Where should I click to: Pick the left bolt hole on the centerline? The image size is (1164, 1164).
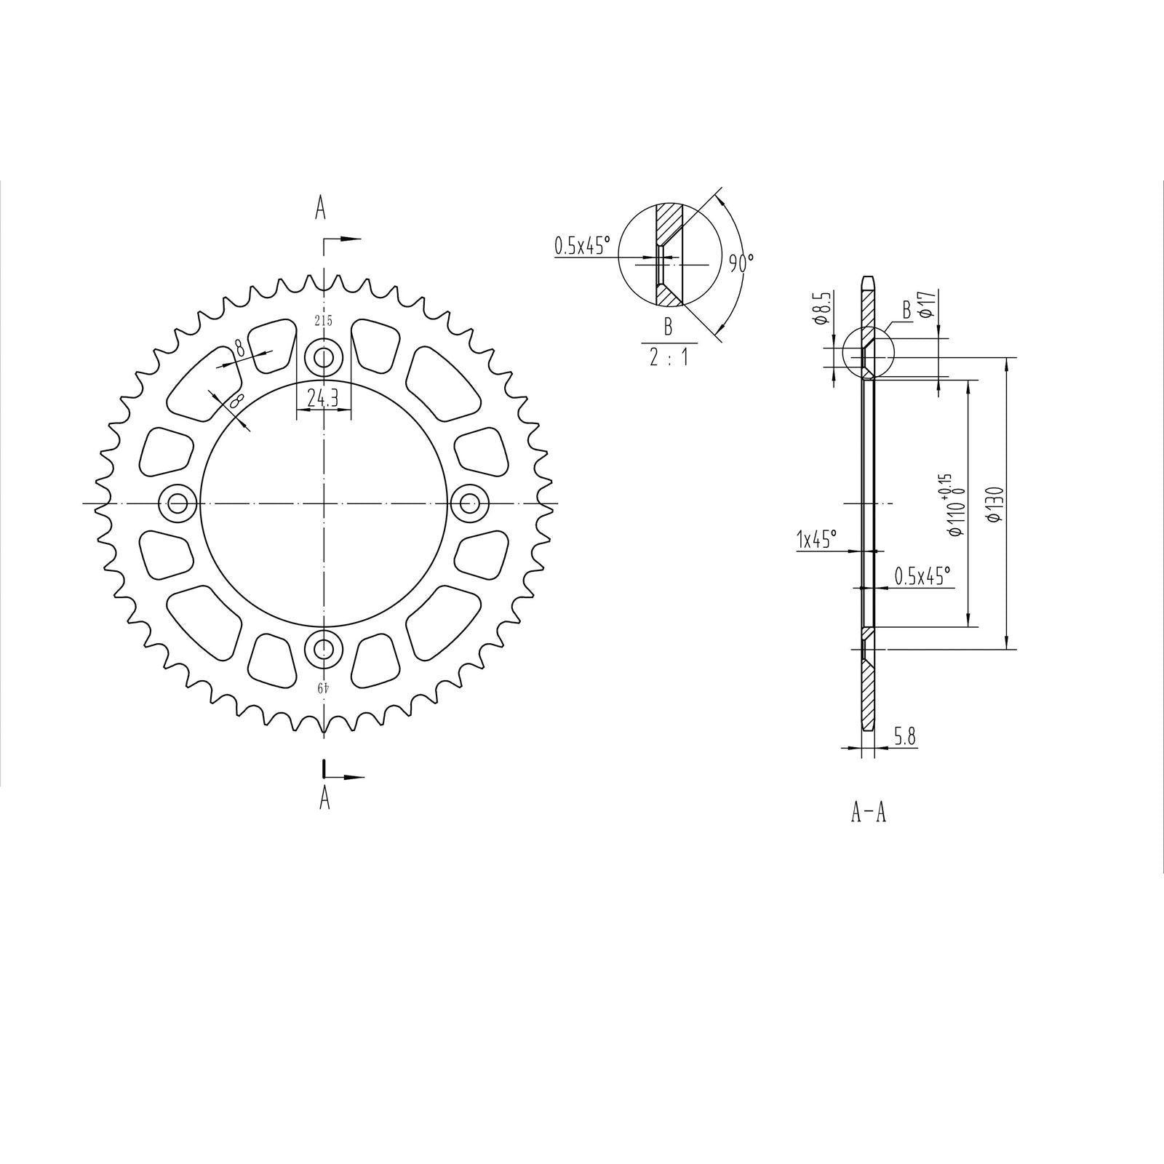pyautogui.click(x=178, y=502)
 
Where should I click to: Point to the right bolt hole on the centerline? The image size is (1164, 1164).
pyautogui.click(x=469, y=502)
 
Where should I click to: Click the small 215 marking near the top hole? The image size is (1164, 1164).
pyautogui.click(x=324, y=321)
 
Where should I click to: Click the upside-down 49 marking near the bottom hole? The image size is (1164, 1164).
pyautogui.click(x=324, y=686)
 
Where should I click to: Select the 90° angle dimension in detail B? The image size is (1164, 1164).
pyautogui.click(x=742, y=262)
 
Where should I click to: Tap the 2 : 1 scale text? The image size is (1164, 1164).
pyautogui.click(x=668, y=358)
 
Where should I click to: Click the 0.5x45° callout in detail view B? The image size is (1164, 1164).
pyautogui.click(x=581, y=246)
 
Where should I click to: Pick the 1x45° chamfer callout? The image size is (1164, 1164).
pyautogui.click(x=817, y=539)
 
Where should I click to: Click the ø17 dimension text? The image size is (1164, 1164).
pyautogui.click(x=926, y=304)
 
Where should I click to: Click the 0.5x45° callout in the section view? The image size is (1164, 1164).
pyautogui.click(x=922, y=577)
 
